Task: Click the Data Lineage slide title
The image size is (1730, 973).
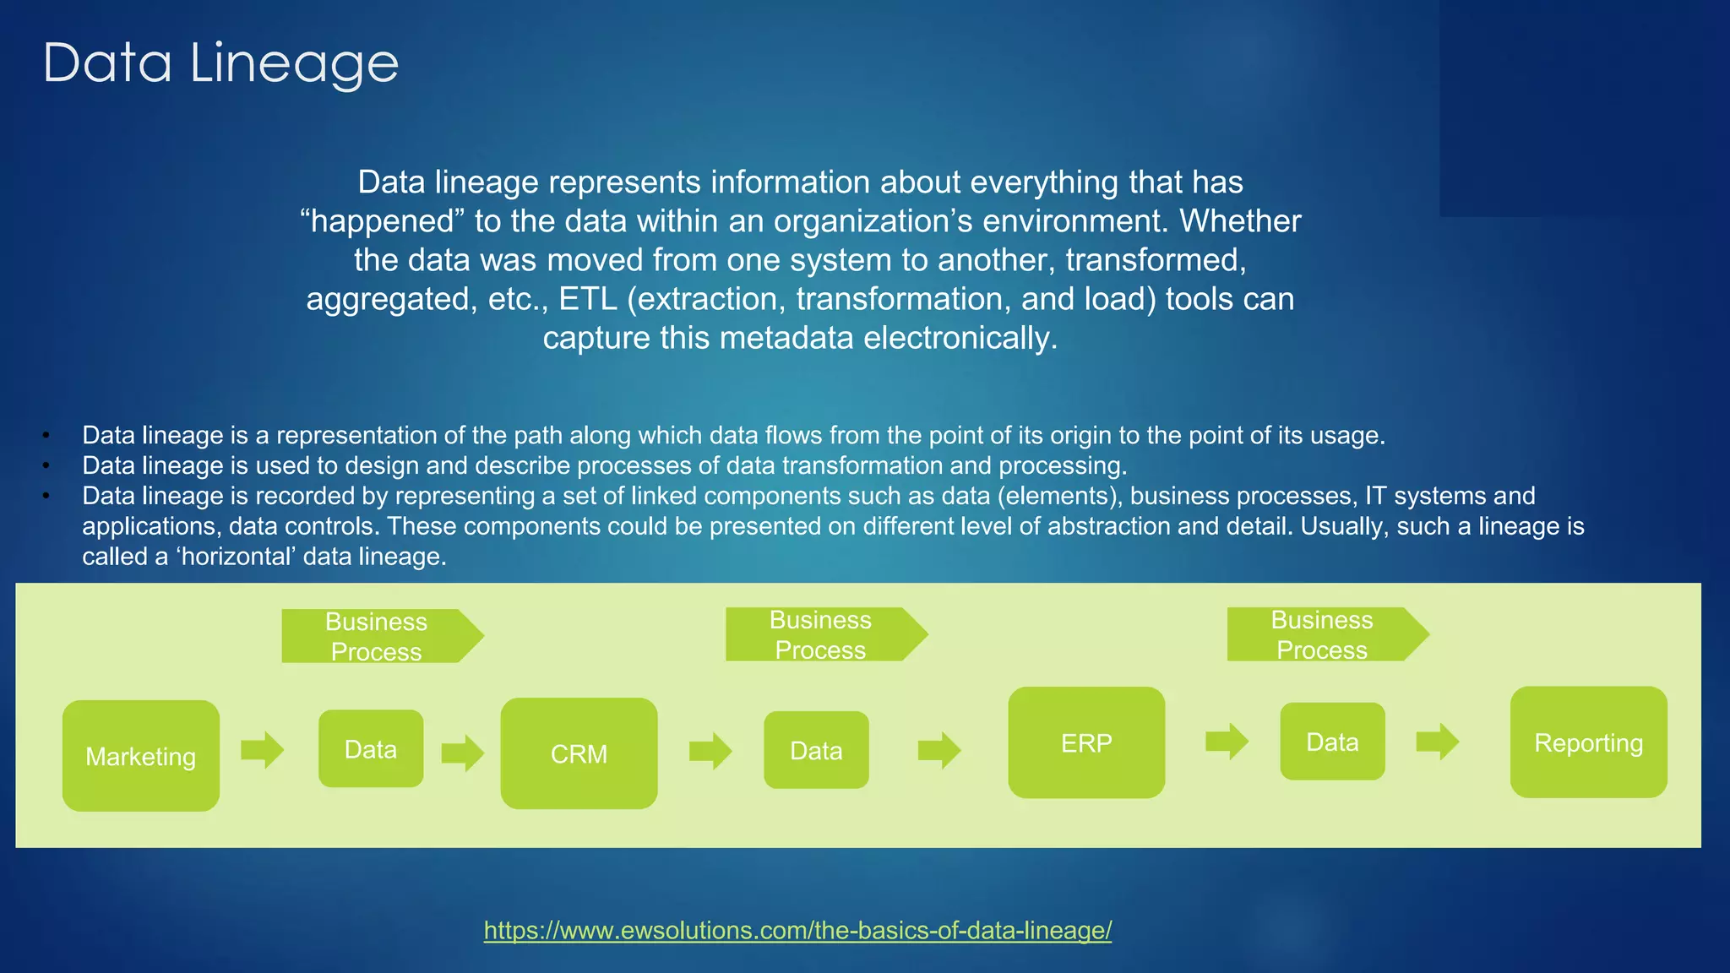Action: (x=220, y=63)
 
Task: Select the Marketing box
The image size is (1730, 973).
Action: (x=141, y=756)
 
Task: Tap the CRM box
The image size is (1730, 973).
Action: (x=579, y=753)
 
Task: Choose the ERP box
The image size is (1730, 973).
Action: (x=1086, y=742)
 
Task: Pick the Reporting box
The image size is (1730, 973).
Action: (x=1588, y=742)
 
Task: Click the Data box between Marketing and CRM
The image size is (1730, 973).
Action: (x=371, y=749)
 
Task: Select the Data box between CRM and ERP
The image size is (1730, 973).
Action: (x=816, y=750)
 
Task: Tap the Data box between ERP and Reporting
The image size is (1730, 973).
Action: (x=1332, y=742)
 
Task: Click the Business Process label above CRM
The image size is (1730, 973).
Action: (x=377, y=636)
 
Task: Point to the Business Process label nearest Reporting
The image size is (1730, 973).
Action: (x=1322, y=634)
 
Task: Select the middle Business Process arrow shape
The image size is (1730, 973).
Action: (x=824, y=634)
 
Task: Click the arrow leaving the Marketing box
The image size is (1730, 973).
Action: (x=262, y=749)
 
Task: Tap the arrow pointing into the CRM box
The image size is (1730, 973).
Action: (x=463, y=752)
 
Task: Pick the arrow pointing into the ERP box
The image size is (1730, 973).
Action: (x=939, y=749)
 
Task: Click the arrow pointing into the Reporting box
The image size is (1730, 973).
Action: (x=1437, y=742)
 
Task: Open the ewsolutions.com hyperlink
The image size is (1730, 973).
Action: (x=797, y=930)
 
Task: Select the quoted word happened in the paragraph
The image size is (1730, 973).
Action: (x=384, y=221)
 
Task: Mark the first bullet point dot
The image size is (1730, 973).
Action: (x=47, y=436)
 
